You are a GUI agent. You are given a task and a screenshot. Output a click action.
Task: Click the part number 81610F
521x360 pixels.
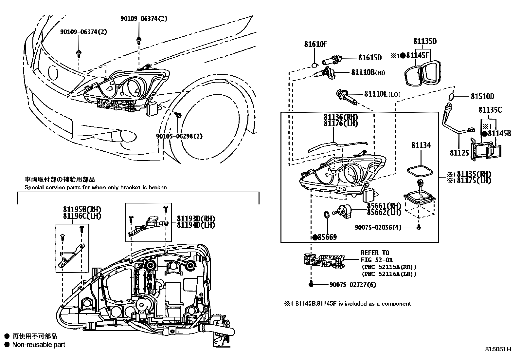click(x=315, y=44)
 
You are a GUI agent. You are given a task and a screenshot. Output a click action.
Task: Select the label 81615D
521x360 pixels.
click(x=370, y=58)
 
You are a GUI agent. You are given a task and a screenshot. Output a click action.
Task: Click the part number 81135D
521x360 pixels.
click(x=425, y=41)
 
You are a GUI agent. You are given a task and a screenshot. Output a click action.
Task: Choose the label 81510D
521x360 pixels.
click(x=482, y=96)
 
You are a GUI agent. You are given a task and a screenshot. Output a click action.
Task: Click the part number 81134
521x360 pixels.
click(x=421, y=145)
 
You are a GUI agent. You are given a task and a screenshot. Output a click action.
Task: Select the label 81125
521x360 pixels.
click(x=459, y=153)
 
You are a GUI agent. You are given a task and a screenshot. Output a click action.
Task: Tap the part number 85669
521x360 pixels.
click(x=327, y=237)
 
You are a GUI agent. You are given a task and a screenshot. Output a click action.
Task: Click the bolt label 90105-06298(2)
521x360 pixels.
click(x=179, y=136)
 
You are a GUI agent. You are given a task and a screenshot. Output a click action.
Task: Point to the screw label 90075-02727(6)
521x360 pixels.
click(x=352, y=285)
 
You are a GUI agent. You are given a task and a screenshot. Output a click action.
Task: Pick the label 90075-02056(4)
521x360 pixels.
click(x=378, y=227)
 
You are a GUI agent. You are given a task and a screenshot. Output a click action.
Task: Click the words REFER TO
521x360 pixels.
click(x=375, y=253)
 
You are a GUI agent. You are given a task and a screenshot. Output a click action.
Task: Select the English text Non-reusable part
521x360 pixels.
click(x=39, y=345)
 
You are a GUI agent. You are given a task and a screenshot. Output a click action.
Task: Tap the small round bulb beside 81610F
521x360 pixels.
click(x=315, y=65)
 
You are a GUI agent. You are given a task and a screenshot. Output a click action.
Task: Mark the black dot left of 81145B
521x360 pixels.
click(x=484, y=133)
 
